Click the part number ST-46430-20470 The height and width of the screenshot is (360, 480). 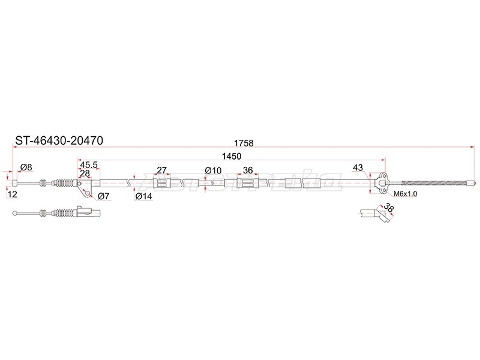point(59,140)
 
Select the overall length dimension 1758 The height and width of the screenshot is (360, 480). point(244,143)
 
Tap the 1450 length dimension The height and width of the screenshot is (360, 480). point(232,156)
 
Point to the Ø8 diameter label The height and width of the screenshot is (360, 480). point(26,167)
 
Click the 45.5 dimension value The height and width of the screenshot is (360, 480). point(88,165)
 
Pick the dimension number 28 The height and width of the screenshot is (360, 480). point(85,173)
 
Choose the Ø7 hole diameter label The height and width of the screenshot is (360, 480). point(103,196)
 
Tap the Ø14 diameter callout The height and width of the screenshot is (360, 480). point(143,196)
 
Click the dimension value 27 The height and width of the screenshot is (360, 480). point(161,170)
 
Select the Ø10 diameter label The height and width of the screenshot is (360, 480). point(213,170)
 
